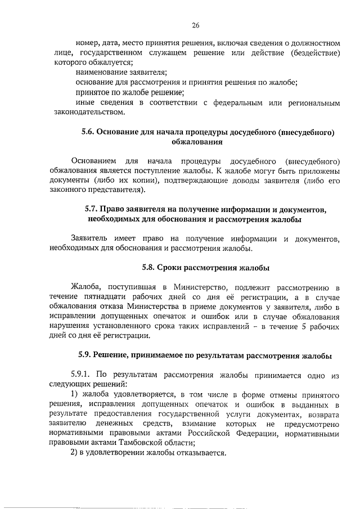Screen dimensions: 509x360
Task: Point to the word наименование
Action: (100, 73)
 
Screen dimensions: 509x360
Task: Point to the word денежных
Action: (114, 423)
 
